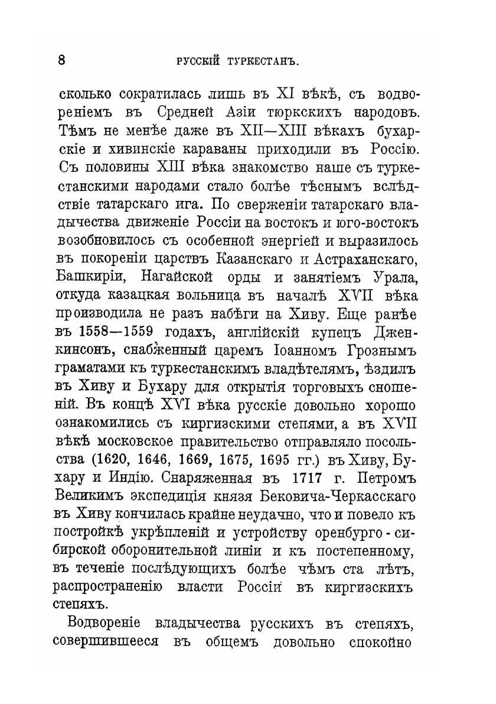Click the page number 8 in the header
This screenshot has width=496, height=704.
click(x=61, y=60)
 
